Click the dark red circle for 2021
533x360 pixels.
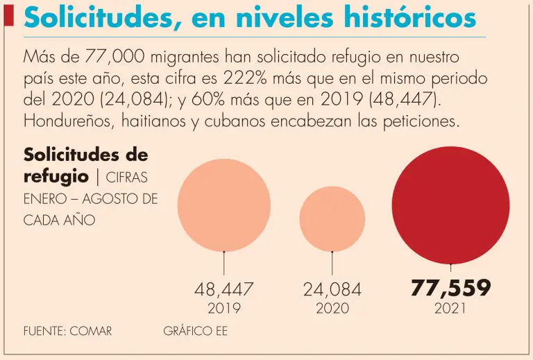[451, 206]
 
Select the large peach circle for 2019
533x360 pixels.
[223, 205]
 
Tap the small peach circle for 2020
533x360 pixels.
[332, 219]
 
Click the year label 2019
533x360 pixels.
[223, 309]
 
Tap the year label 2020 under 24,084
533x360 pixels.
[332, 309]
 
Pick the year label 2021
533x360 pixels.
[450, 309]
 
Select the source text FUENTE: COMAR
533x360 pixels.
[68, 332]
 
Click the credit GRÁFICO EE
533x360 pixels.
[195, 332]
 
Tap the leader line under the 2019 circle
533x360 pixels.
[223, 264]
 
